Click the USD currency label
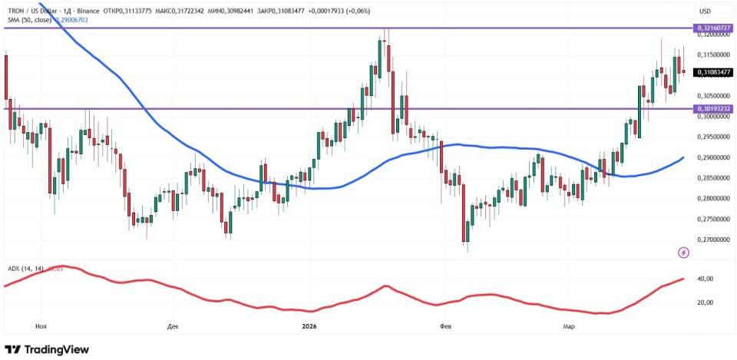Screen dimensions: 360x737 pyautogui.click(x=706, y=11)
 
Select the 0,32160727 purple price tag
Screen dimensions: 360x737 pyautogui.click(x=714, y=28)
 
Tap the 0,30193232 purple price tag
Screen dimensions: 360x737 pyautogui.click(x=714, y=108)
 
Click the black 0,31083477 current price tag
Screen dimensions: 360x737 pyautogui.click(x=714, y=72)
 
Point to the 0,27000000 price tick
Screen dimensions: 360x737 pyautogui.click(x=714, y=239)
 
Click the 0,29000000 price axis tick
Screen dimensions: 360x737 pyautogui.click(x=714, y=157)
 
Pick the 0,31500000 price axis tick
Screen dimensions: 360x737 pyautogui.click(x=714, y=54)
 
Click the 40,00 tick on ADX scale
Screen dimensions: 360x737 pyautogui.click(x=704, y=279)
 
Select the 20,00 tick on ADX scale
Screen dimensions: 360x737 pyautogui.click(x=704, y=302)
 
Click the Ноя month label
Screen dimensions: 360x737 pyautogui.click(x=41, y=326)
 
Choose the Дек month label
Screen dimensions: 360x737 pyautogui.click(x=173, y=326)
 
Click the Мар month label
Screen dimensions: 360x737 pyautogui.click(x=568, y=326)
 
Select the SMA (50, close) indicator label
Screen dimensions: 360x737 pyautogui.click(x=29, y=19)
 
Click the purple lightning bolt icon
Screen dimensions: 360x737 pyautogui.click(x=684, y=253)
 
